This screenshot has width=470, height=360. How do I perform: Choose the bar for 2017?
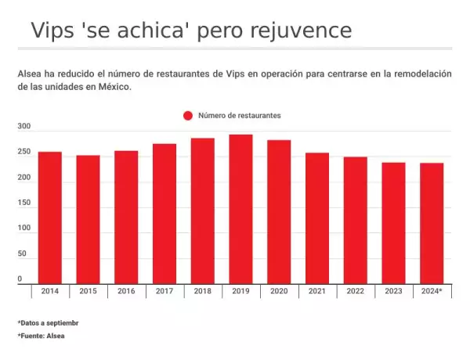coord(164,214)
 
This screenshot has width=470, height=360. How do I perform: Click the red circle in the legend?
coord(188,116)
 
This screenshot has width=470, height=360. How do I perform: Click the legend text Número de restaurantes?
coord(239,116)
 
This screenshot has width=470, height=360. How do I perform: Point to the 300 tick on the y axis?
coord(23,127)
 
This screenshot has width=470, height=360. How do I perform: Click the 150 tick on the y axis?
coord(23,203)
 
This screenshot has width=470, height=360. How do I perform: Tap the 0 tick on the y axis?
coord(20,279)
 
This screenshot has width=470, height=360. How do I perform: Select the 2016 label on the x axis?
coord(126,292)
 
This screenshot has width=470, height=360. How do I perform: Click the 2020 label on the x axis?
coord(279,292)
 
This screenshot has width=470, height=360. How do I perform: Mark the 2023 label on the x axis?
coord(393,292)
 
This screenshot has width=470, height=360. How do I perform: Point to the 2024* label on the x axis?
coord(432,292)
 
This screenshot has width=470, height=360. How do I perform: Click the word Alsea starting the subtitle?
coord(29,74)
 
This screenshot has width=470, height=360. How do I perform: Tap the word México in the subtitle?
coord(114,88)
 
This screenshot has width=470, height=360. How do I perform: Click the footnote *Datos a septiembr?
coord(48,322)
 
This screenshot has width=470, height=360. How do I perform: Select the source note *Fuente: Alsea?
coord(41,336)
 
